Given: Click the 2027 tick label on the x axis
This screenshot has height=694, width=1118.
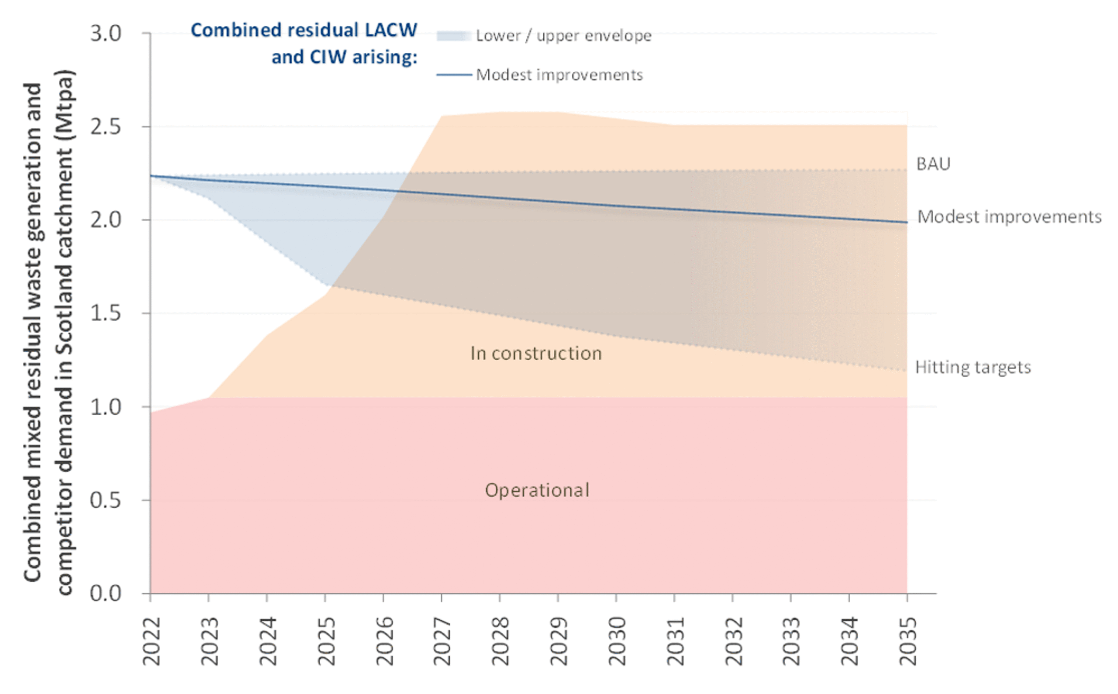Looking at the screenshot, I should [442, 641].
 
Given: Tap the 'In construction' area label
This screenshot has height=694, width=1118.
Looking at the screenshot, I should [536, 354].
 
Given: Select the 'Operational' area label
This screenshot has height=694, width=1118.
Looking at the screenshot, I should [537, 490].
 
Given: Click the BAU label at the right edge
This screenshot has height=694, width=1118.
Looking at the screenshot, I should [933, 164].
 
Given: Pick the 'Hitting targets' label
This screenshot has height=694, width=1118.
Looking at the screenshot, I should [973, 367].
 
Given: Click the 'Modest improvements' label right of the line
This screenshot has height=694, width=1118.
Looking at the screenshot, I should [1009, 216].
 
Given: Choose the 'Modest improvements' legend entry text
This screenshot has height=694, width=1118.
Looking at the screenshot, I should [559, 75].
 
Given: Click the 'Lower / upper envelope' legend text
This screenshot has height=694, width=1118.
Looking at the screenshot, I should [563, 36].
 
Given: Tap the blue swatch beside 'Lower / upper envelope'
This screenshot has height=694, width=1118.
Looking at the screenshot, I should [454, 36].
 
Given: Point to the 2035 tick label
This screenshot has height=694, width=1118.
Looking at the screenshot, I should [908, 641].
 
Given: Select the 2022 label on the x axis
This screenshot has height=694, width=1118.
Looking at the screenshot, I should [151, 641].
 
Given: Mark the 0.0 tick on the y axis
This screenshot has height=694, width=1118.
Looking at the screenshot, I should [106, 594].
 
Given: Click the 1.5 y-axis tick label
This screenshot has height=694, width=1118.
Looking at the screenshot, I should [106, 313].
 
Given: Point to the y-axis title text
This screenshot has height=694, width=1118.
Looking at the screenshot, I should [48, 333].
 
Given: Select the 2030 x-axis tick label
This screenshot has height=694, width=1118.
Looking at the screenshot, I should [617, 641].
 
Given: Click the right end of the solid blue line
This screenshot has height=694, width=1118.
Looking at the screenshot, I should [906, 222].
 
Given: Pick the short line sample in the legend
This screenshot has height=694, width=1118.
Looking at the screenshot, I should [454, 75].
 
